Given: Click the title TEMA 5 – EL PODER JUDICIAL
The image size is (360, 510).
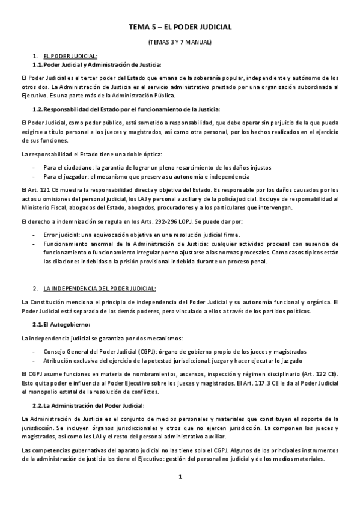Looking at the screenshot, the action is point(180,28).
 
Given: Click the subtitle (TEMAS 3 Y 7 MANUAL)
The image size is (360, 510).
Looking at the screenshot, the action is point(180,43).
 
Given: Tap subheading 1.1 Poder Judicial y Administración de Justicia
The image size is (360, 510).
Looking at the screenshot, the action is point(99,64).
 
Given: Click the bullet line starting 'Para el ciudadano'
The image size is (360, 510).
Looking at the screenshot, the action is point(157,167).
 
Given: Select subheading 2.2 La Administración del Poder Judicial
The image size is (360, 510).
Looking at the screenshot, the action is point(90,405).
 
